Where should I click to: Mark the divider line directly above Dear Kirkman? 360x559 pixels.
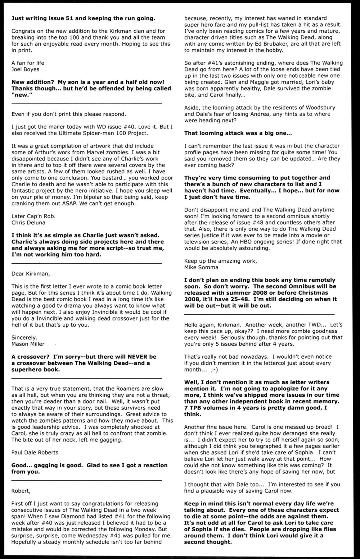pos(86,263)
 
